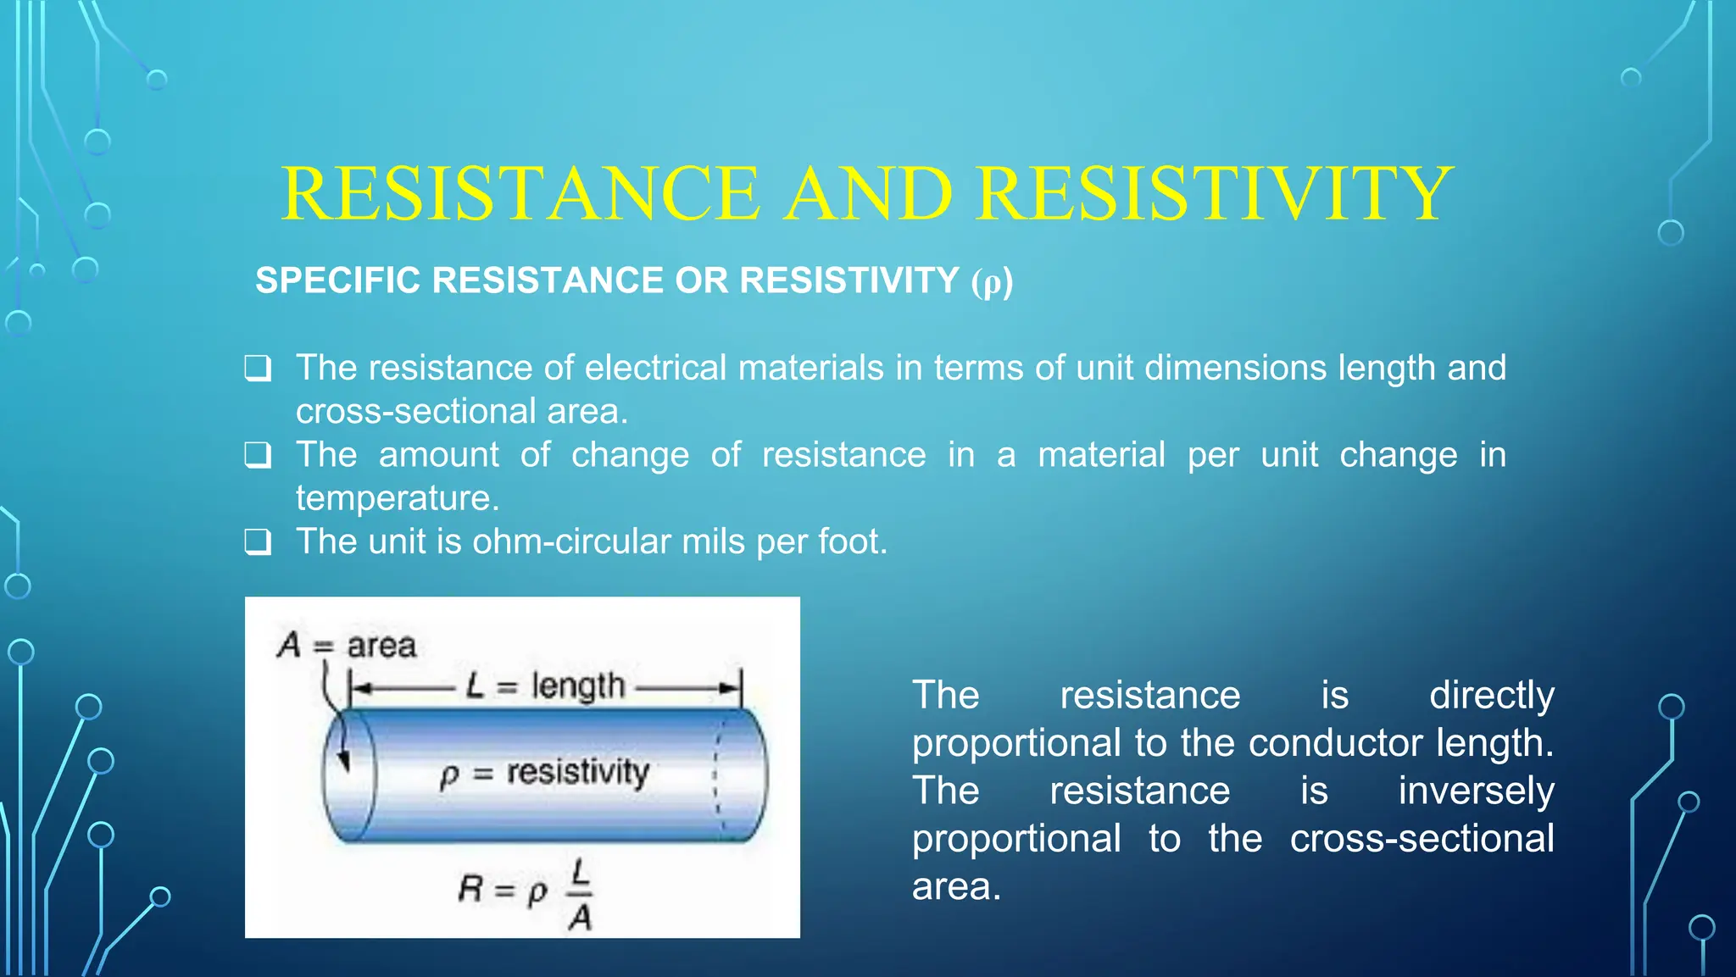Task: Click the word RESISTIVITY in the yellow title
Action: (x=1215, y=193)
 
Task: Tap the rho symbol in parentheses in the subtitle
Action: (x=991, y=282)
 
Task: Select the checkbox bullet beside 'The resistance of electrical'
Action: (x=258, y=369)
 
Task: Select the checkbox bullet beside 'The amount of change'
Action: (x=258, y=456)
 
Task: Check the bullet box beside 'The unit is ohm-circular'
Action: (x=258, y=542)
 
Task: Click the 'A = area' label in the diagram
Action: (x=347, y=646)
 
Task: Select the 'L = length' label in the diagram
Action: (x=545, y=686)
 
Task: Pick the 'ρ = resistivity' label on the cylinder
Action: (x=544, y=773)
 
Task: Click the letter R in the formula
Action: (x=470, y=889)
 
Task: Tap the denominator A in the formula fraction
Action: (x=580, y=917)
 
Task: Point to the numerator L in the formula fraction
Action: (x=580, y=871)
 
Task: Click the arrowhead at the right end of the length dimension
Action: (x=730, y=688)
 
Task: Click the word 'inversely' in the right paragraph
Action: (x=1476, y=791)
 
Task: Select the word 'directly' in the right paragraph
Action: (x=1491, y=695)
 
